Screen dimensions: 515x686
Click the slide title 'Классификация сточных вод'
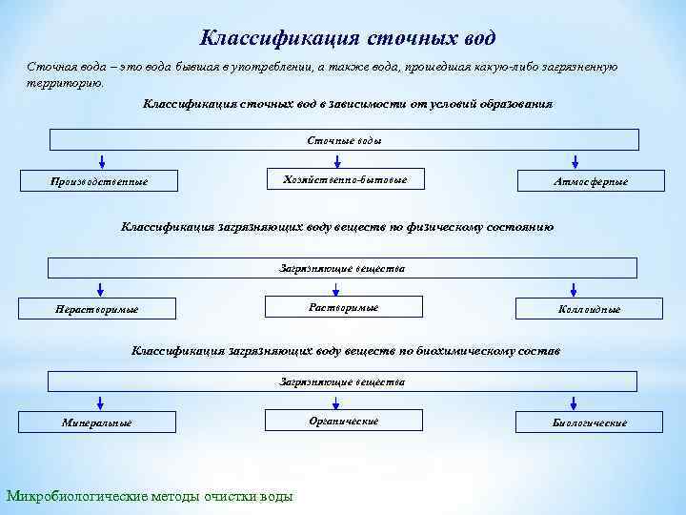pos(348,38)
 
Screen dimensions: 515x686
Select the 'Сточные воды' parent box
pos(344,140)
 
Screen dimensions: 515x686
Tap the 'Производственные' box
pos(99,180)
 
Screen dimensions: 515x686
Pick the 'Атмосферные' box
pos(590,180)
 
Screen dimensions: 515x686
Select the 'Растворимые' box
pos(344,307)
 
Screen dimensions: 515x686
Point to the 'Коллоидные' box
pos(590,308)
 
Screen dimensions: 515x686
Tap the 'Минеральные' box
pos(96,422)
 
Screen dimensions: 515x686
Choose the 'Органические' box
pos(344,421)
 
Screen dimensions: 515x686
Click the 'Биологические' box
pos(590,422)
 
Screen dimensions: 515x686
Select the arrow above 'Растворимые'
pos(345,288)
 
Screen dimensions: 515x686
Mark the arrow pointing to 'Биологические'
pos(590,402)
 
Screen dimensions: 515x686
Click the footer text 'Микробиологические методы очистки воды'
pos(150,495)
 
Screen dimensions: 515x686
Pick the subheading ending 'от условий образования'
pos(347,102)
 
